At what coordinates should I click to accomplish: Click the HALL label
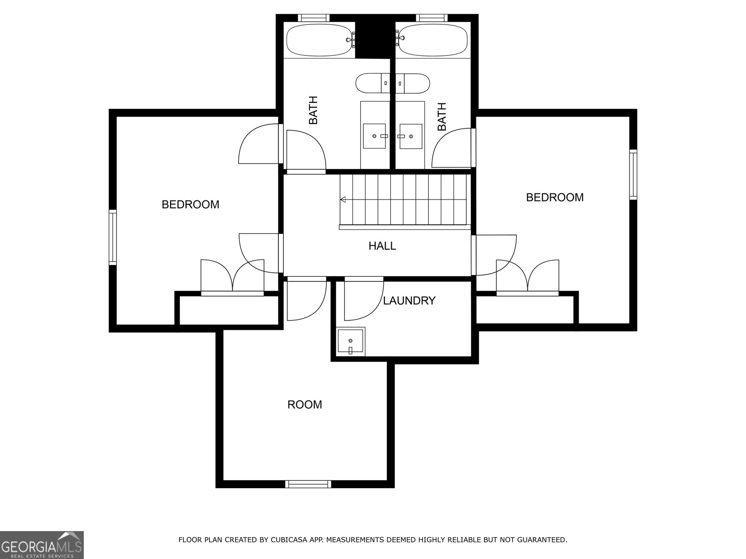point(382,246)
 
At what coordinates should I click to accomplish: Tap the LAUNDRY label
point(409,301)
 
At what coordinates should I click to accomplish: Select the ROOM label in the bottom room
point(304,404)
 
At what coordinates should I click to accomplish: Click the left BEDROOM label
point(190,205)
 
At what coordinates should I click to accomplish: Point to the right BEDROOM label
point(554,198)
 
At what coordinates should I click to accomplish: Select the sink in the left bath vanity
point(374,136)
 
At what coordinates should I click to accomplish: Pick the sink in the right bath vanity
point(411,136)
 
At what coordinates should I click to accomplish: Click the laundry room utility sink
point(350,341)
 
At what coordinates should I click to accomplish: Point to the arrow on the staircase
point(343,200)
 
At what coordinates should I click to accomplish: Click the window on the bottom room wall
point(308,484)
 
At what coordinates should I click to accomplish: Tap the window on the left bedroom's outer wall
point(112,238)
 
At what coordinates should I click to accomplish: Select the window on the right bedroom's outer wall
point(633,175)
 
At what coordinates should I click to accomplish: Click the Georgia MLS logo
point(41,545)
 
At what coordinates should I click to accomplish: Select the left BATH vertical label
point(313,110)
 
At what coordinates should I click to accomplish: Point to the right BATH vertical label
point(442,116)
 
